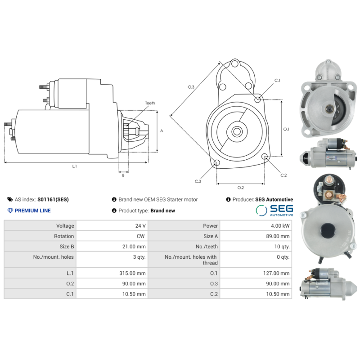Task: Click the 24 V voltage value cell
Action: (x=141, y=226)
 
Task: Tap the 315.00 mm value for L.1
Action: (x=135, y=273)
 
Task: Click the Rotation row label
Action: (x=64, y=236)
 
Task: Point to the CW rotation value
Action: (x=141, y=236)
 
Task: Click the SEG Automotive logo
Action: (x=274, y=210)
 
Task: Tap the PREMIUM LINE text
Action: (x=32, y=211)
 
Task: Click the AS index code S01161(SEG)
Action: (x=53, y=199)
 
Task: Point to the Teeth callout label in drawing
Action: (x=150, y=103)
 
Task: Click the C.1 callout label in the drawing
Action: (x=277, y=81)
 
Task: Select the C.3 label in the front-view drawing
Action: (x=198, y=181)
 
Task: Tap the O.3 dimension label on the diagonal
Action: (x=191, y=87)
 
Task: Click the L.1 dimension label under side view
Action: (x=75, y=166)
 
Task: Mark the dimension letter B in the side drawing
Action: (x=123, y=175)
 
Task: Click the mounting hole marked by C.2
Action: (x=265, y=157)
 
